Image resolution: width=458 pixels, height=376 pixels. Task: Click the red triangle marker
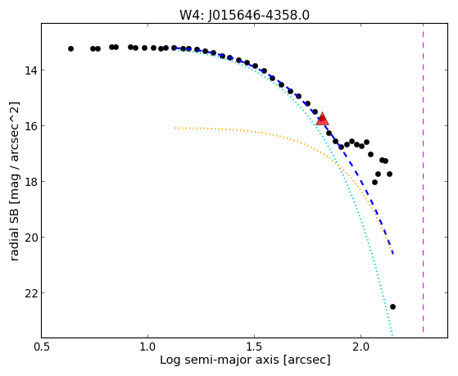pos(322,119)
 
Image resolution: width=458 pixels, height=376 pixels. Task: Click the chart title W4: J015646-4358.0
pos(244,16)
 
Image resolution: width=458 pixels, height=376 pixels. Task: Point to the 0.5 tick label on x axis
pos(42,347)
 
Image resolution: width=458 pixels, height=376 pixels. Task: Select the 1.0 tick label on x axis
pos(147,347)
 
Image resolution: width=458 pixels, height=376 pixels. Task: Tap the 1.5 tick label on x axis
pos(255,347)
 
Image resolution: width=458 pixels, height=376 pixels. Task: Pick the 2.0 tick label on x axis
pos(361,347)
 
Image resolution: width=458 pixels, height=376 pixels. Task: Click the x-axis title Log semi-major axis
pos(220,360)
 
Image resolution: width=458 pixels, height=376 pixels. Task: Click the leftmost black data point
pos(70,49)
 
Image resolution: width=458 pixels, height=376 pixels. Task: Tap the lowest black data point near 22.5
pos(392,306)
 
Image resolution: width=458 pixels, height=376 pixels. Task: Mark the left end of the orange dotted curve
pos(175,128)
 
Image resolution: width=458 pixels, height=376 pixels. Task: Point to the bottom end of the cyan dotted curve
pos(392,335)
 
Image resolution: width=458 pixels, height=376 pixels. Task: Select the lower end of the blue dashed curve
pos(393,254)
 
